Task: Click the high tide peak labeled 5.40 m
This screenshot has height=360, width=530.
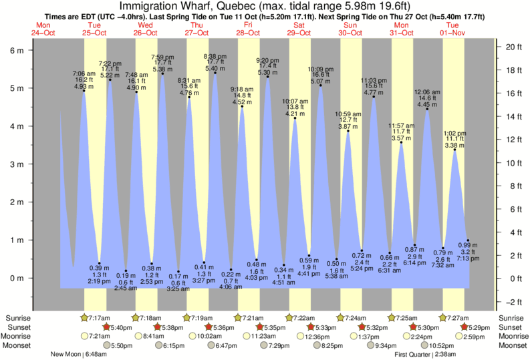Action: pos(215,73)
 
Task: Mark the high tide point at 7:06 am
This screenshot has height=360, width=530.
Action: pos(84,91)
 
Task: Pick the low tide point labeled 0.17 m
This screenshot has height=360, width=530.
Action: pos(178,272)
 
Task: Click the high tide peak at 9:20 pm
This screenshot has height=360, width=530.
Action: pos(268,77)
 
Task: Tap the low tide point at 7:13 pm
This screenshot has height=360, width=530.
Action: pos(468,240)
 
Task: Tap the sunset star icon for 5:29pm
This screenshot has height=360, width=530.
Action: pos(465,327)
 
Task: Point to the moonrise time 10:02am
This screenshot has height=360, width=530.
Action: pos(204,337)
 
